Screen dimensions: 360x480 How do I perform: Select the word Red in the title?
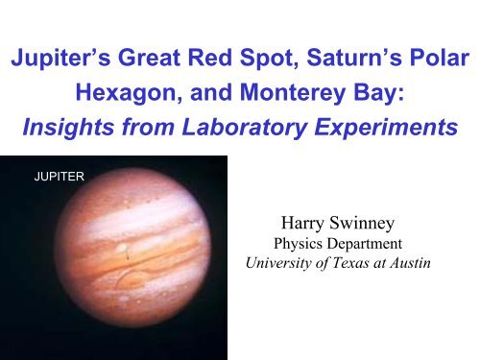tap(209, 60)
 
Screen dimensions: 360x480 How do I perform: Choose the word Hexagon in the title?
tap(127, 96)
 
